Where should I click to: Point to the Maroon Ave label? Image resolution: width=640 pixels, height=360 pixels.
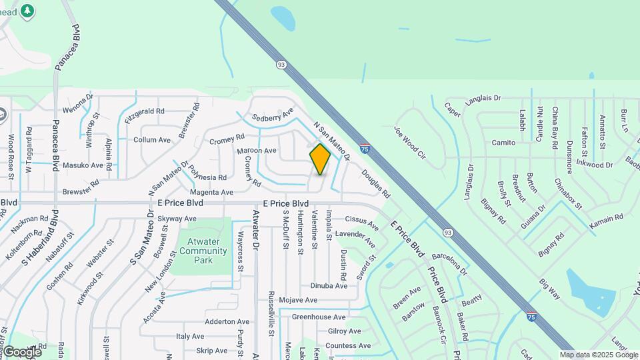[257, 151]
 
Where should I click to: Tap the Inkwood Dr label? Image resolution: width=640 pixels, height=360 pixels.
[594, 164]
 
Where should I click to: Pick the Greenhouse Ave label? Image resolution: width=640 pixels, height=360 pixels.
[319, 317]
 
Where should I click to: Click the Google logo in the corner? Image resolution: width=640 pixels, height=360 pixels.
[21, 351]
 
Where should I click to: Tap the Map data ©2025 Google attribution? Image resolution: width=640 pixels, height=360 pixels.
[599, 355]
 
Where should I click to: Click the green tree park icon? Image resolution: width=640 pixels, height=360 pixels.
[27, 11]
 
